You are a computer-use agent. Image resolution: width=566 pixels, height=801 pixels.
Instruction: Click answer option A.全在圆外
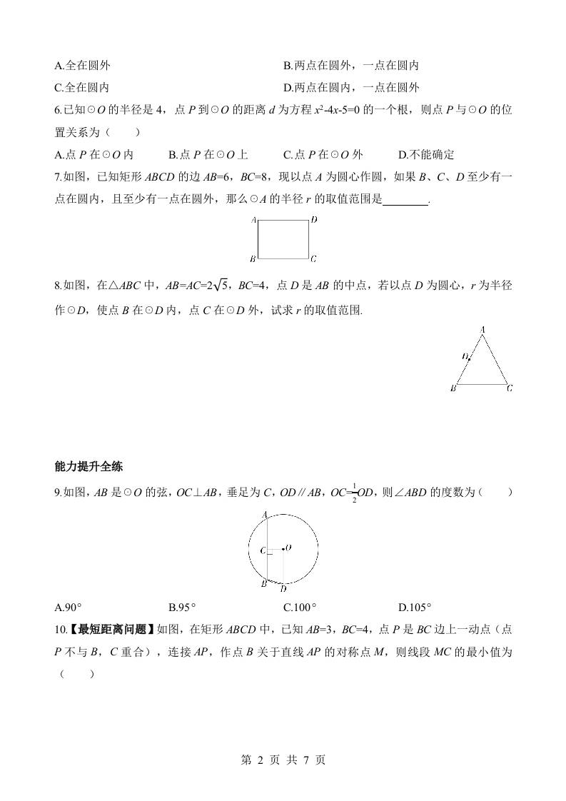point(82,66)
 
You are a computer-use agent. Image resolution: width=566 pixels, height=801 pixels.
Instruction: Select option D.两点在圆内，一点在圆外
point(350,88)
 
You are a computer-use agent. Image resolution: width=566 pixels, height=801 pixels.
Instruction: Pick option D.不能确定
point(426,154)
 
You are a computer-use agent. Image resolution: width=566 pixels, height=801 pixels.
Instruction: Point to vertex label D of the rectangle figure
point(314,220)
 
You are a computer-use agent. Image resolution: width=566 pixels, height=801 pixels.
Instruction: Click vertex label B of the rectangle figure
point(253,258)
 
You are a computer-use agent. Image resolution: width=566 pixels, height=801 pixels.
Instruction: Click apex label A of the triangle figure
point(483,329)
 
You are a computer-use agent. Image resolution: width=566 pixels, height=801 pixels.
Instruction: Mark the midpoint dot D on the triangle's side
point(469,358)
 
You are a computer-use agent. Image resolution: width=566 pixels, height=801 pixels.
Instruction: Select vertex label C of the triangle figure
point(510,388)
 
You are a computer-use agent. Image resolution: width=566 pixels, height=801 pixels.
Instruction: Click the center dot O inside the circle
point(283,548)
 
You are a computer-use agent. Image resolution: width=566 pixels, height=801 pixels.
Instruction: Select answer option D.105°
point(415,608)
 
